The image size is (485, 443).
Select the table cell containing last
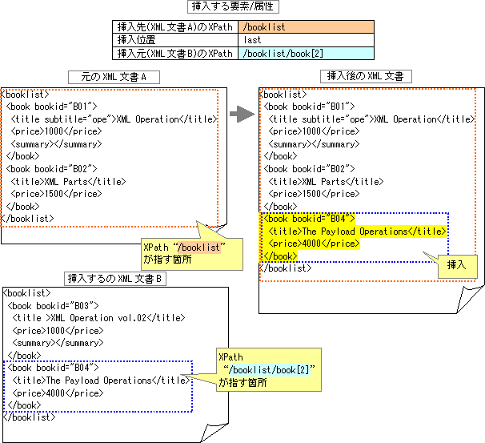click(306, 39)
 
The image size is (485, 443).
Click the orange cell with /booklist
click(306, 27)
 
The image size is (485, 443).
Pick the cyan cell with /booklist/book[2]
click(306, 52)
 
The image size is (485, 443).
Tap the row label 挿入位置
click(177, 39)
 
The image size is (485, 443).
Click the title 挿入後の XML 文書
click(366, 76)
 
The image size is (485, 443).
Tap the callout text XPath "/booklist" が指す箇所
click(180, 252)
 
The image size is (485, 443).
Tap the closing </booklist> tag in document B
click(30, 417)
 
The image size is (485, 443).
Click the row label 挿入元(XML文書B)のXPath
click(177, 52)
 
